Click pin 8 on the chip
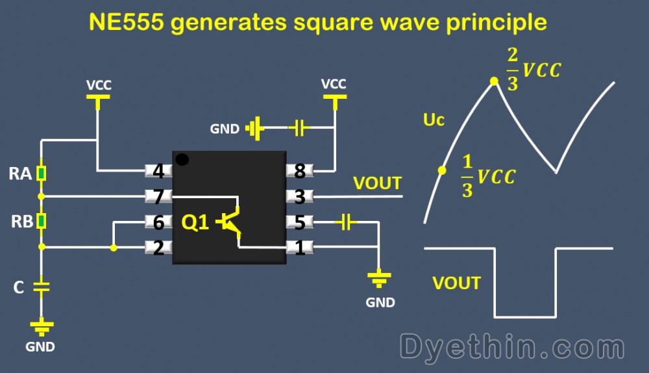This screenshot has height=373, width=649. [300, 172]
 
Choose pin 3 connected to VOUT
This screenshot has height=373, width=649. [300, 196]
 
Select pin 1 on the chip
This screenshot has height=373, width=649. [300, 248]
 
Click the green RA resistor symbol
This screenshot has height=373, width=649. [41, 174]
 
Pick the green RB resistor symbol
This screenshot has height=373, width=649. [41, 221]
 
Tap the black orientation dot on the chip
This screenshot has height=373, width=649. [183, 159]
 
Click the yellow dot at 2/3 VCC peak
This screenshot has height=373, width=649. [494, 81]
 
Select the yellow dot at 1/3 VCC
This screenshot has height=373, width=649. [442, 170]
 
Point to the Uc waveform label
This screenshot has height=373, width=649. [434, 120]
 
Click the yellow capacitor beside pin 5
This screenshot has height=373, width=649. [346, 223]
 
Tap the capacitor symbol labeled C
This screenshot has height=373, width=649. [41, 287]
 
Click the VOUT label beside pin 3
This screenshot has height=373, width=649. [377, 183]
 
